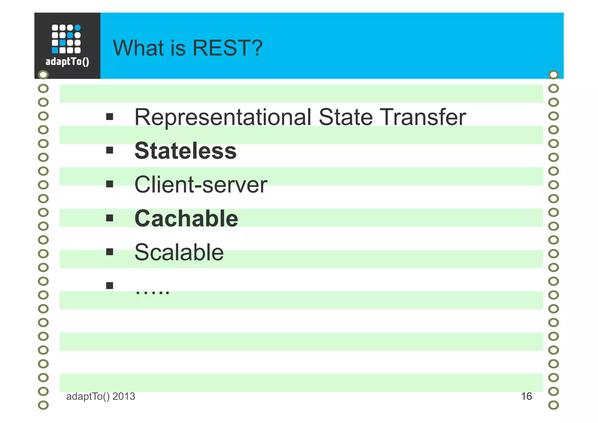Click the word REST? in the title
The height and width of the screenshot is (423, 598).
coord(227,48)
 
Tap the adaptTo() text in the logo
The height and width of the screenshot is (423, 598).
coord(67,62)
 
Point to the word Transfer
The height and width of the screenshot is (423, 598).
coord(424,117)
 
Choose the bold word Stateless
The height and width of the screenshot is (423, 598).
coord(185,151)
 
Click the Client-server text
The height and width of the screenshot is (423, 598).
coord(201,185)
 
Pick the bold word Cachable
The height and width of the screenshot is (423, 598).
coord(186,219)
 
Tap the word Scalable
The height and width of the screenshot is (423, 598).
coord(179,252)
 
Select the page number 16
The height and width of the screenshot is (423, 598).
coord(526,396)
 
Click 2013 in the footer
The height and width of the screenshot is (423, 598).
coord(124,396)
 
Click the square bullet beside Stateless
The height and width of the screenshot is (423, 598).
coord(109,151)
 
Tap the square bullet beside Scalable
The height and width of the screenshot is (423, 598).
coord(109,252)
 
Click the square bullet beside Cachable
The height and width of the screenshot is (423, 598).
coord(109,218)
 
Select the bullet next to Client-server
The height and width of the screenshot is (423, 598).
coord(109,184)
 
